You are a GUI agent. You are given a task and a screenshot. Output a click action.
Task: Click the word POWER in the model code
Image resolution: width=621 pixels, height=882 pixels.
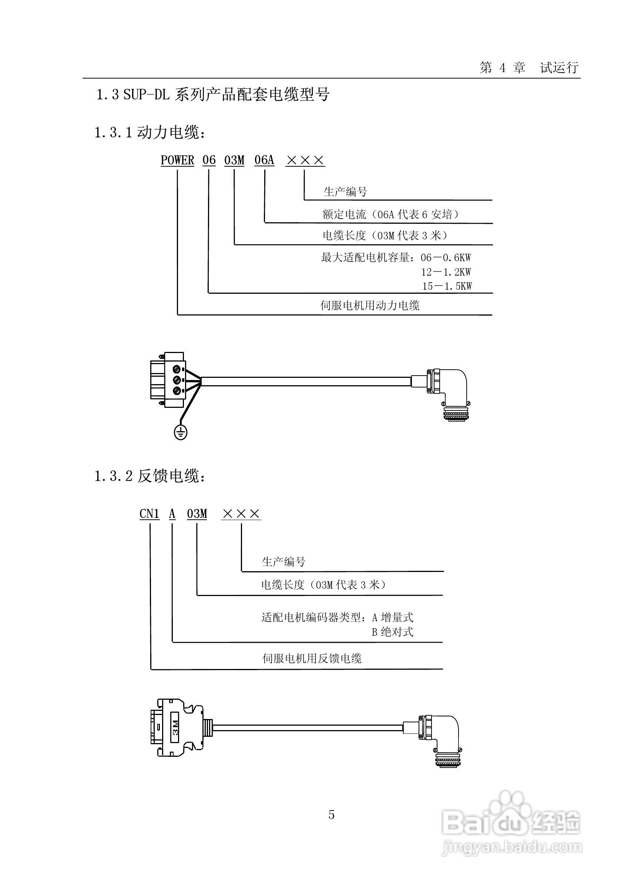(177, 160)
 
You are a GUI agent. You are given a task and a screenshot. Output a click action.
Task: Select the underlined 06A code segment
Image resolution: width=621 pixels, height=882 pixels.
(265, 160)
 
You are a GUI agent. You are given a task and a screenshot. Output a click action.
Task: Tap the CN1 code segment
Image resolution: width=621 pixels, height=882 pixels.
(149, 513)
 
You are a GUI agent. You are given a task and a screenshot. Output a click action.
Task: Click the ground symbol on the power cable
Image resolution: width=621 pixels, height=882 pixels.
(180, 432)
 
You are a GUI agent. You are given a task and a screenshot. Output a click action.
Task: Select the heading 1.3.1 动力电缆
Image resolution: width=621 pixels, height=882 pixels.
(150, 133)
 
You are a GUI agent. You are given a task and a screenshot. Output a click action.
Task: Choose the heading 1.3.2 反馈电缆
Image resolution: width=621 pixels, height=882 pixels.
(150, 476)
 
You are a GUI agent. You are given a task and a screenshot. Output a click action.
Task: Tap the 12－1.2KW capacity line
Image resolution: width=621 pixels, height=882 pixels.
(446, 272)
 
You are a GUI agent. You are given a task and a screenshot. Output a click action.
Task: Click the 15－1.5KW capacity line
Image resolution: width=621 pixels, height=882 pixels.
(447, 286)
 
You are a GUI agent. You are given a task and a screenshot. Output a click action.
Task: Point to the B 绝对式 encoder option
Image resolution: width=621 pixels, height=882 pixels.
(392, 632)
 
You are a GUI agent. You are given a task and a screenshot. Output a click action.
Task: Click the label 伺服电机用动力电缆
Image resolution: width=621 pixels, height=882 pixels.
(370, 305)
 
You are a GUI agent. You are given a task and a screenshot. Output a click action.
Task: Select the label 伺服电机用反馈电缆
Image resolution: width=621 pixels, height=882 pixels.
(312, 658)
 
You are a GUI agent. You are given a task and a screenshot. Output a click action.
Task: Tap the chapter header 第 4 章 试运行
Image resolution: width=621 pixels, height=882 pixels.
(529, 68)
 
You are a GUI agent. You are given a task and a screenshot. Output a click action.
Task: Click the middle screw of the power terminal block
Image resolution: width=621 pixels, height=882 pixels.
(177, 380)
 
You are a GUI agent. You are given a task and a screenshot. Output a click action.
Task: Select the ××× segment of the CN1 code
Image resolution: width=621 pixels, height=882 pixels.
(241, 513)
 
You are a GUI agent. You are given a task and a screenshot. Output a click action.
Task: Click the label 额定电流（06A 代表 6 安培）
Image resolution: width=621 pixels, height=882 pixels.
(390, 214)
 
